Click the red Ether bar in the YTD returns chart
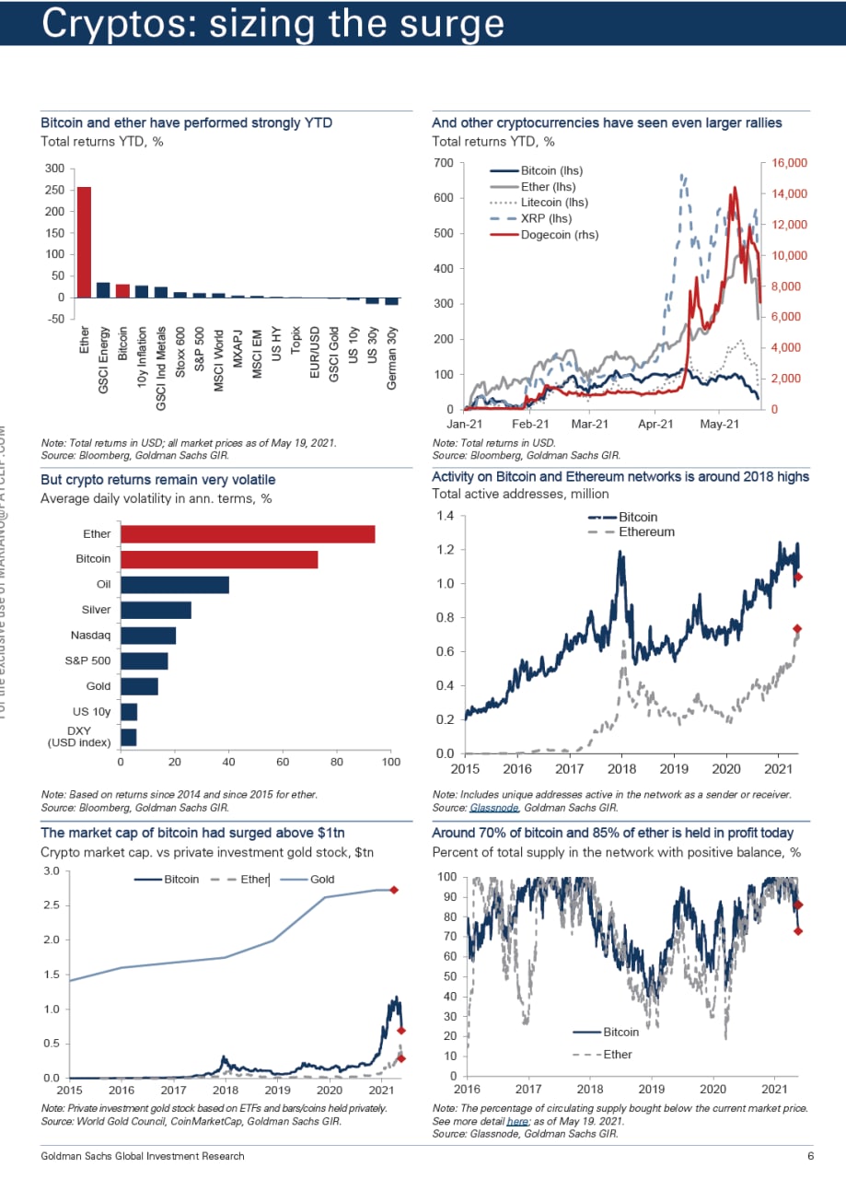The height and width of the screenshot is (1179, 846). point(84,241)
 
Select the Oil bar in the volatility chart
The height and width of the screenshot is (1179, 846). point(175,585)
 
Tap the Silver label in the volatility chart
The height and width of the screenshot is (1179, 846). point(96,610)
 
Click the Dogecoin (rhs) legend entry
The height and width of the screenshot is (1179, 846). point(559,235)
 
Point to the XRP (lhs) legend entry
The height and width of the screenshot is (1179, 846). point(546,218)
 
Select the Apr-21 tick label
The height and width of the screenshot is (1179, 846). point(655,425)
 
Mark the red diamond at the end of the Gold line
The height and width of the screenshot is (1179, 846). point(393,890)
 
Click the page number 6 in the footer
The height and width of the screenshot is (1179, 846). point(810,1156)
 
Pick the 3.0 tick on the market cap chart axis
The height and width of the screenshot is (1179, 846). point(52,870)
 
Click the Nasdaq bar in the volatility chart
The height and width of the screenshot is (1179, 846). point(148,636)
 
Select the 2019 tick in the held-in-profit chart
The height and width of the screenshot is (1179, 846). point(651,1088)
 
